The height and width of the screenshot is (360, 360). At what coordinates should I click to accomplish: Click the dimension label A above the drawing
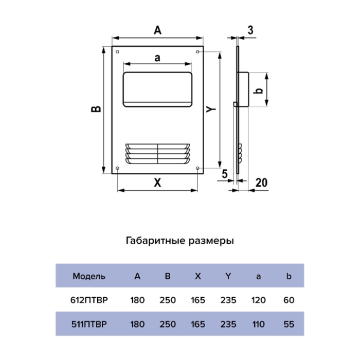click(x=157, y=30)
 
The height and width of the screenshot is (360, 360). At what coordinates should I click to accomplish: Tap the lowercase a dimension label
click(x=157, y=58)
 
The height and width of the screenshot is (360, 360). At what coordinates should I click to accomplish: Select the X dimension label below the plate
click(x=157, y=183)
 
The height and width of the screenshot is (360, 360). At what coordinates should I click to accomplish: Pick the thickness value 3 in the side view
click(x=250, y=30)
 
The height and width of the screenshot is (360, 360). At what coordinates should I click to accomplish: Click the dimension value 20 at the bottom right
click(x=261, y=183)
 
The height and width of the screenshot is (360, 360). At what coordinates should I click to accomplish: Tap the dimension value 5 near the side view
click(x=225, y=174)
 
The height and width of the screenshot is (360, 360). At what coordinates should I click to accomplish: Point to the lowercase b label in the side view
click(x=259, y=90)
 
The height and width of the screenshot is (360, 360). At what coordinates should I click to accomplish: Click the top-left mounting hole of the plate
click(x=118, y=52)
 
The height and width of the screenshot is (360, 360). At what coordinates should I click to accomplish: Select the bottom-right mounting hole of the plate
click(x=197, y=168)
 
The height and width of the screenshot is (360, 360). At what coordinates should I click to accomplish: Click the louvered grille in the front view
click(x=157, y=154)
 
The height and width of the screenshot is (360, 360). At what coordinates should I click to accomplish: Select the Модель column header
click(x=89, y=276)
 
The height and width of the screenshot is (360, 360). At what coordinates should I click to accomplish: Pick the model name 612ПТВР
click(x=89, y=300)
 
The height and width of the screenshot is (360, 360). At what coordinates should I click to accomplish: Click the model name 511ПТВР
click(x=89, y=324)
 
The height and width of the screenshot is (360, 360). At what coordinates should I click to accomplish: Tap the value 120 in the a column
click(x=259, y=300)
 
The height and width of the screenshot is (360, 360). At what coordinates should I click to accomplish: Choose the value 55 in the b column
click(x=289, y=324)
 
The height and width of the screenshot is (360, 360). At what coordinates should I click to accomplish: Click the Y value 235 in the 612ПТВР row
click(x=228, y=300)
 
